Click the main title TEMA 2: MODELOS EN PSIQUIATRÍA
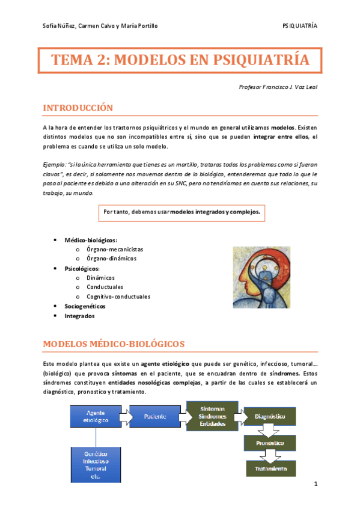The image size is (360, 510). coord(180,61)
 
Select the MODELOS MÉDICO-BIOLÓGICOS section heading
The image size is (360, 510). coord(114,343)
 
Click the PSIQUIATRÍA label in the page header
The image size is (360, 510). coord(300,26)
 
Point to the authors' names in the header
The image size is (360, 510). coord(100,26)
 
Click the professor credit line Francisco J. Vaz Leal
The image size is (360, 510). coord(278,87)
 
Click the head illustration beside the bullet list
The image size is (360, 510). coord(262,274)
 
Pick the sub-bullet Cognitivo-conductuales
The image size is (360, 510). coord(118,296)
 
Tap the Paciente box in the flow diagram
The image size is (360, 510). coord(156,416)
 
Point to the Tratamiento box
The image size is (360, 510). coord(270,469)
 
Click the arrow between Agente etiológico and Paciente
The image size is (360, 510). coord(126,416)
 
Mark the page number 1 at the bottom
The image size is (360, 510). coord(314,484)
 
